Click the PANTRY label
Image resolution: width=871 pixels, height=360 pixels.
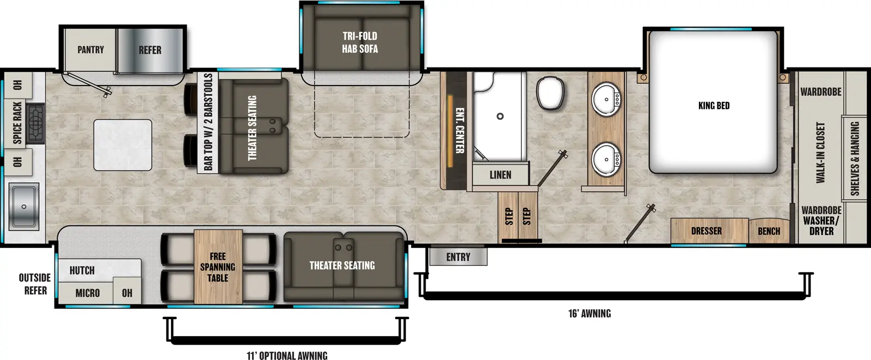(x=90, y=50)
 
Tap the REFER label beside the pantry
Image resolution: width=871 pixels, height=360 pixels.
(x=150, y=50)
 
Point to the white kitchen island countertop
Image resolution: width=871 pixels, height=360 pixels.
(x=122, y=145)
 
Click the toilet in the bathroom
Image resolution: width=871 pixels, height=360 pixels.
(x=550, y=93)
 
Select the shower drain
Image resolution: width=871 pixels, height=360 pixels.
(x=500, y=116)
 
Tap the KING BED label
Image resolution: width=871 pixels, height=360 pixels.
(x=714, y=106)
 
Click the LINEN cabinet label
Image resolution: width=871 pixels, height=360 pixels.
(x=500, y=175)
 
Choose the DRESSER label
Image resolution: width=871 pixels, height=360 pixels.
(x=706, y=231)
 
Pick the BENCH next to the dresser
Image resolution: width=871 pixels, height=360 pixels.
(x=769, y=231)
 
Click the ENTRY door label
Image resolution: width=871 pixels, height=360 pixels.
(x=458, y=257)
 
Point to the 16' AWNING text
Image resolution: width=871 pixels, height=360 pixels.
(x=589, y=313)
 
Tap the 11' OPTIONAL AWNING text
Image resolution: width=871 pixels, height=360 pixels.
(x=287, y=356)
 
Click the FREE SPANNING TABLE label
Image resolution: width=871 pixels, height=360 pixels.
(x=217, y=267)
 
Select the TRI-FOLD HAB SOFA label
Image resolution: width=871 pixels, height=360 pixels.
(x=360, y=42)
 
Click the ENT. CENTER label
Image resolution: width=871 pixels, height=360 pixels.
(x=459, y=130)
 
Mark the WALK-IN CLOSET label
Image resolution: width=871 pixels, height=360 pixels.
(x=820, y=152)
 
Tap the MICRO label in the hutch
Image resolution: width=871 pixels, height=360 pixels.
(x=87, y=293)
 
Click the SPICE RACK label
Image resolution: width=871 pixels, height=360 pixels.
(x=17, y=123)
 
